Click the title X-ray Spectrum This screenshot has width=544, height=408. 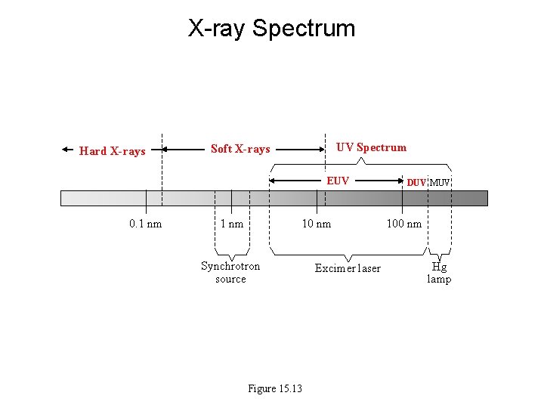[271, 29]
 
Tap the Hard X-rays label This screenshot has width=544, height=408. [112, 151]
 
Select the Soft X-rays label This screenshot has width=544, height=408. [240, 149]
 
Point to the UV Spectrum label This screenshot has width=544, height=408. [371, 147]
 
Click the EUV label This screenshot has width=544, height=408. [338, 181]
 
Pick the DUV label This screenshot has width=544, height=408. [416, 182]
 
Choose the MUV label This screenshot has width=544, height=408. [440, 182]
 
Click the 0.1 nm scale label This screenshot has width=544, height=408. [145, 223]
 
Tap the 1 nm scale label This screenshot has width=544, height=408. [231, 223]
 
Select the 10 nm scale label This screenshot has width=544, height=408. [316, 223]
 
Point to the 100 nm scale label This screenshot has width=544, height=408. [404, 223]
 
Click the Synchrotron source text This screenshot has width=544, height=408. [230, 272]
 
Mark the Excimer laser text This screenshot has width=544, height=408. [348, 268]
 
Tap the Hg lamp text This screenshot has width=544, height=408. [439, 273]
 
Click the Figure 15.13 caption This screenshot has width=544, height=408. [275, 388]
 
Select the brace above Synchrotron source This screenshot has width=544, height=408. [231, 252]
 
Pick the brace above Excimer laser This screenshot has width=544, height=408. [347, 253]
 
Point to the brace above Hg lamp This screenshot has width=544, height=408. [440, 253]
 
